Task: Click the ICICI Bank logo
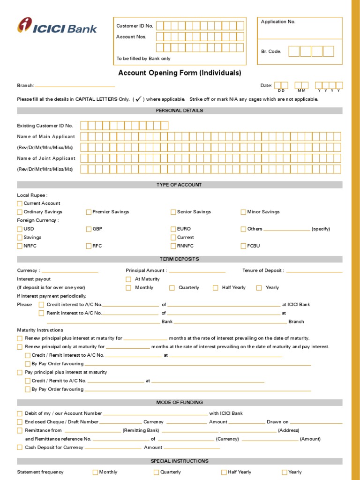(57, 26)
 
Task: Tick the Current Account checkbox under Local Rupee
(20, 203)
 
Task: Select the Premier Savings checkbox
(89, 212)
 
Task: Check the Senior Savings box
(173, 212)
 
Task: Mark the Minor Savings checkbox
(243, 212)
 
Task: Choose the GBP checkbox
(89, 229)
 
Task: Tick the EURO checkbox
(173, 229)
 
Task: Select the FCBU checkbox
(243, 246)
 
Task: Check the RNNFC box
(173, 246)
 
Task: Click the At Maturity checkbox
(128, 279)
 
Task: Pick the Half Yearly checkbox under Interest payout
(216, 288)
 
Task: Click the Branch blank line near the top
(75, 86)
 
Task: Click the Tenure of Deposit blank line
(314, 271)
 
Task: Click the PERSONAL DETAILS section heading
(180, 111)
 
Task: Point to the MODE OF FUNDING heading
(180, 402)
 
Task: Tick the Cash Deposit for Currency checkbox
(20, 448)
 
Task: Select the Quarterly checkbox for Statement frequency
(157, 472)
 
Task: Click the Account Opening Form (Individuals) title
(180, 73)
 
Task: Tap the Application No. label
(278, 22)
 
